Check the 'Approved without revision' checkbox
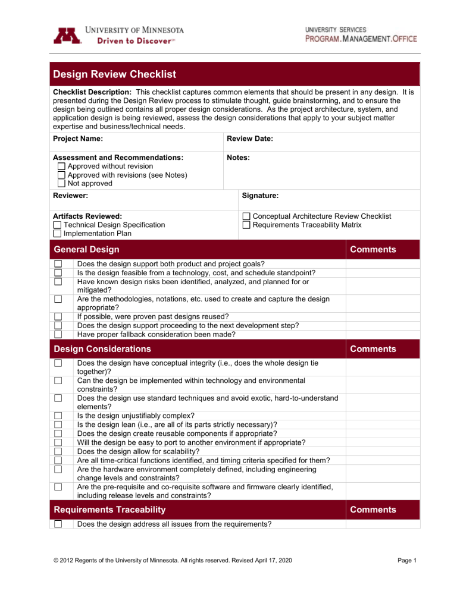[x=61, y=166]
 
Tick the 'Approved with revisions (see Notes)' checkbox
[x=61, y=175]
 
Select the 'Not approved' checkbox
[x=61, y=183]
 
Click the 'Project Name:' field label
[x=78, y=139]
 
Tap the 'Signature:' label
[x=261, y=194]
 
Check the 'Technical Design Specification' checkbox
[x=57, y=225]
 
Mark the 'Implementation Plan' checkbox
[x=57, y=233]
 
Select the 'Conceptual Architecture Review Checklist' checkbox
[x=246, y=216]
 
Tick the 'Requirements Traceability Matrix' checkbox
[x=246, y=225]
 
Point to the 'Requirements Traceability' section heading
[x=108, y=510]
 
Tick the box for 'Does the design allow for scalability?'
[x=58, y=451]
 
